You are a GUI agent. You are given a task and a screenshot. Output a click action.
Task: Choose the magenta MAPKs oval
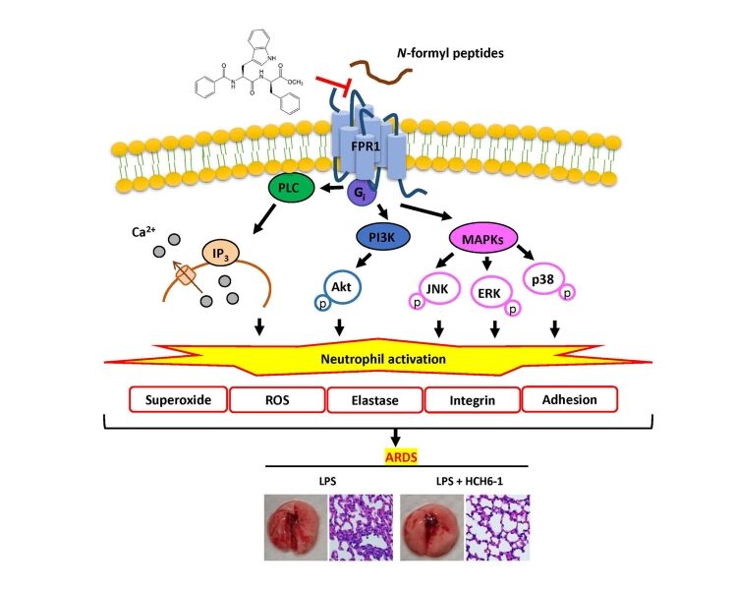pyautogui.click(x=485, y=238)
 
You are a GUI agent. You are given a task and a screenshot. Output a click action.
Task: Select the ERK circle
pyautogui.click(x=490, y=293)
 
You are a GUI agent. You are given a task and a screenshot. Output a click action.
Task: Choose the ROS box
pyautogui.click(x=276, y=399)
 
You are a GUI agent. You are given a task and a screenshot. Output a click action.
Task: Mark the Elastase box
pyautogui.click(x=374, y=399)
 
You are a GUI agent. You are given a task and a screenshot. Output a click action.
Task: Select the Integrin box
pyautogui.click(x=472, y=399)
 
